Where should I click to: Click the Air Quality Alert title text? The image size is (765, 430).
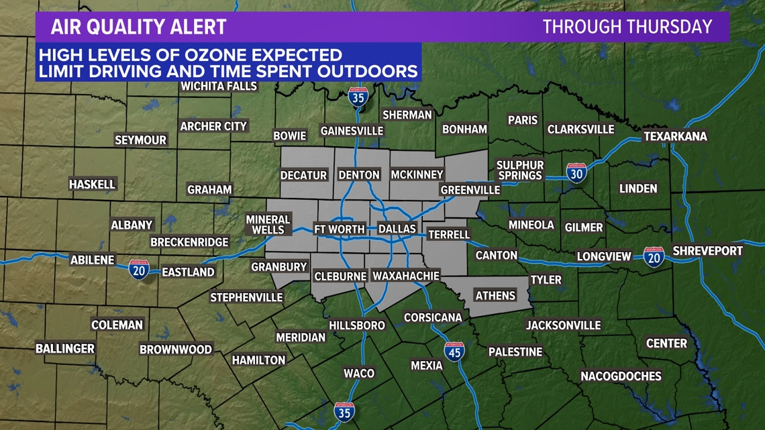pos(139,27)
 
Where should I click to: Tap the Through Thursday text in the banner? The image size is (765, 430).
pos(627,27)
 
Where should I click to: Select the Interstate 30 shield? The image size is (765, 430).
pos(576,172)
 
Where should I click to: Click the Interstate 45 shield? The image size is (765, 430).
pos(454,352)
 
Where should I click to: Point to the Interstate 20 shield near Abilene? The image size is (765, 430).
pos(139,269)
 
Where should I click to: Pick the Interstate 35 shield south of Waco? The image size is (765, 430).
pos(345,411)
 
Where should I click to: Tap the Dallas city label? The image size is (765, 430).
pos(397,229)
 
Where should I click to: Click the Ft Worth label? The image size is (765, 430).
pos(340,229)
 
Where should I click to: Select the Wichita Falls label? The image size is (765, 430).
pos(219,86)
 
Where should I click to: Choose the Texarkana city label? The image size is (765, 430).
pos(675,136)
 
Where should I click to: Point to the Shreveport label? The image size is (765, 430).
pos(707,251)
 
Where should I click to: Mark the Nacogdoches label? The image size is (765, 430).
pos(621,376)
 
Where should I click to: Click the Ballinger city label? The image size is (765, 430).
pos(65,348)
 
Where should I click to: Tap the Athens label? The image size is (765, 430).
pos(495,295)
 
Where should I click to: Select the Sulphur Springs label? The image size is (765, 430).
pos(519,170)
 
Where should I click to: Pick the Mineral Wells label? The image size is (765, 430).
pos(268,225)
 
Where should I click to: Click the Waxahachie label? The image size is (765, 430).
pos(406,276)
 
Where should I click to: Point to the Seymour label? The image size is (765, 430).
pos(140,140)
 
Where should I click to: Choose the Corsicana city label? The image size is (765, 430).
pos(433,317)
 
